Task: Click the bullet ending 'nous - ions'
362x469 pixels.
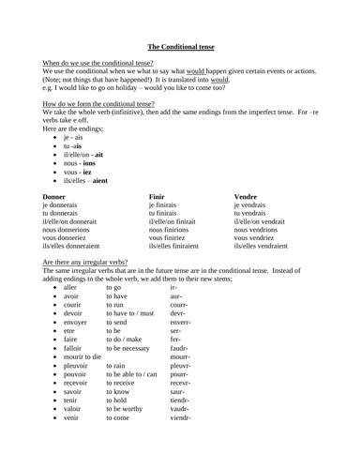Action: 77,160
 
